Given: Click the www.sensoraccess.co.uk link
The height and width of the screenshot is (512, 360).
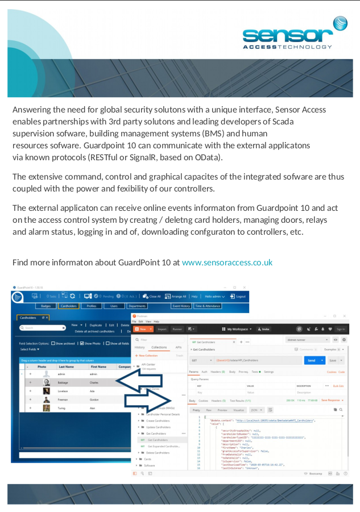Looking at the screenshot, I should (227, 263).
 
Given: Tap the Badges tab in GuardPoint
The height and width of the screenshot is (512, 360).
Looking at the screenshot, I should (46, 306).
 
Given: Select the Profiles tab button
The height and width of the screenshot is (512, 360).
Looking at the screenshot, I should (91, 306).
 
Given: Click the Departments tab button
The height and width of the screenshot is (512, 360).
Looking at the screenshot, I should (137, 306).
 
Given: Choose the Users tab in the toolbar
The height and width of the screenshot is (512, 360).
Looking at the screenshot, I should (114, 306).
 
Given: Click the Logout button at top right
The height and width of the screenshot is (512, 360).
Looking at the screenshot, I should (238, 296).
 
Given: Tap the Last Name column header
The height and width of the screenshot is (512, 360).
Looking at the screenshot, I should (66, 367).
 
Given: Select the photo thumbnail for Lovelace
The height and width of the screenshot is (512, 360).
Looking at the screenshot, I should (46, 391).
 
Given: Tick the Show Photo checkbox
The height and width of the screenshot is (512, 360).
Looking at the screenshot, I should (82, 343).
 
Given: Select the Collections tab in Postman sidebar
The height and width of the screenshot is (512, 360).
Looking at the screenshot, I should (159, 347).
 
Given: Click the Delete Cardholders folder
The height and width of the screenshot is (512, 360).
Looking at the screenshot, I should (158, 453).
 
